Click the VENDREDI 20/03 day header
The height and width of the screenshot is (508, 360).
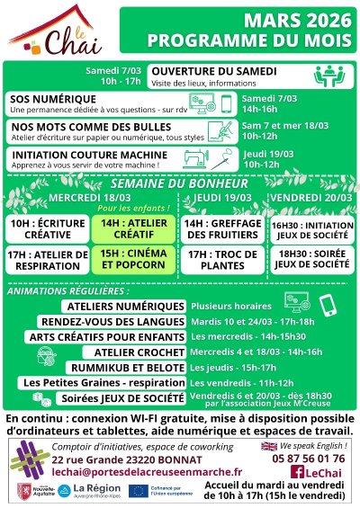pyautogui.click(x=311, y=197)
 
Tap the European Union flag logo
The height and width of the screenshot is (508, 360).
pyautogui.click(x=139, y=491)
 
